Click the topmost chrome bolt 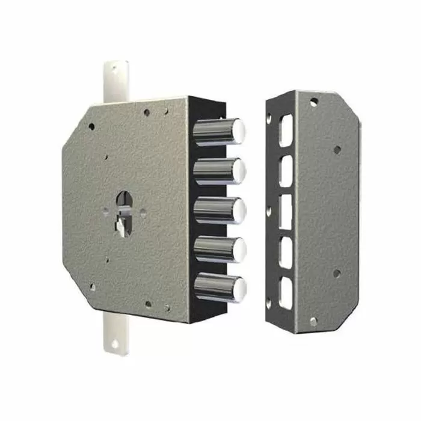[x=220, y=132]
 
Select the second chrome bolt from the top [x=220, y=171]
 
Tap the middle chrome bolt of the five [x=220, y=210]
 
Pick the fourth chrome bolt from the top [x=220, y=248]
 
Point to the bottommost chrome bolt [x=220, y=287]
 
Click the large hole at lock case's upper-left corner [x=91, y=127]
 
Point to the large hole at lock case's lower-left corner [x=92, y=287]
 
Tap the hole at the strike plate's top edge [x=314, y=102]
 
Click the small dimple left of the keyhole [x=105, y=210]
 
